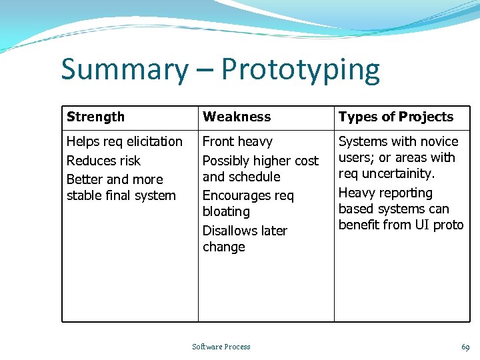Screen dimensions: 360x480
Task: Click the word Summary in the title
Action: pyautogui.click(x=125, y=70)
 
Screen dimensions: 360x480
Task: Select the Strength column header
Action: pyautogui.click(x=95, y=117)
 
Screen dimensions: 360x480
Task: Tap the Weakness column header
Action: pyautogui.click(x=237, y=117)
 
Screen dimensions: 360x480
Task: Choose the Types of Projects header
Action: pyautogui.click(x=396, y=117)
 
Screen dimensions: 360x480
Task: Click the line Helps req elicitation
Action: pyautogui.click(x=125, y=141)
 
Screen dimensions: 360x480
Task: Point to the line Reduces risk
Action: pyautogui.click(x=103, y=161)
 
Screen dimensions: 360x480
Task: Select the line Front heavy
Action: pyautogui.click(x=237, y=141)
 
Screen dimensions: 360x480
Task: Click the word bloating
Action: pyautogui.click(x=226, y=211)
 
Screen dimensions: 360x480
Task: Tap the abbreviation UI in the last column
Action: pyautogui.click(x=423, y=225)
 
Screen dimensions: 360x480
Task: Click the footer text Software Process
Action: pyautogui.click(x=221, y=347)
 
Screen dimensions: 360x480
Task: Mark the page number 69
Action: pyautogui.click(x=465, y=347)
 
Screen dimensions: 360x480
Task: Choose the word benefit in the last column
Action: pyautogui.click(x=359, y=225)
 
